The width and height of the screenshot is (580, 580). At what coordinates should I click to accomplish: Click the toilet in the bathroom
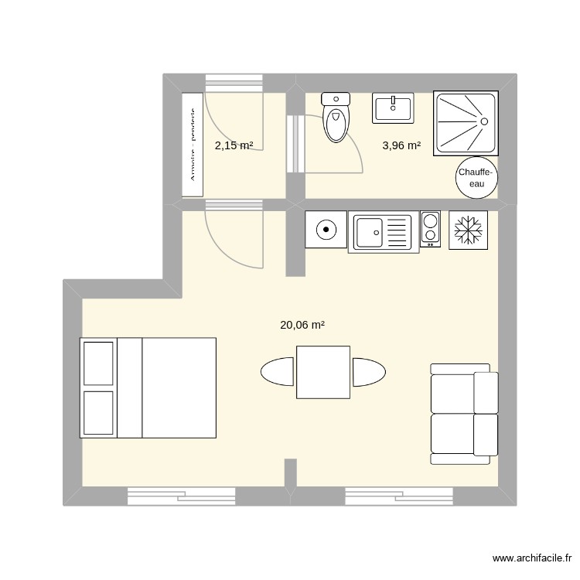click(336, 120)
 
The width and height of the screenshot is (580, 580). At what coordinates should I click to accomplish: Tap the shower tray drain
click(483, 121)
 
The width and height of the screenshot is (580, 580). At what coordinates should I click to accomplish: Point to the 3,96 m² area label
click(401, 145)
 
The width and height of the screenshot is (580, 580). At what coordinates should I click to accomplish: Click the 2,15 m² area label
click(234, 145)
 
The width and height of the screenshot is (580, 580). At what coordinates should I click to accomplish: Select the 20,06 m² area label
click(302, 326)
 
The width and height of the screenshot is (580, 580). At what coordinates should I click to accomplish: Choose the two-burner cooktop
click(430, 230)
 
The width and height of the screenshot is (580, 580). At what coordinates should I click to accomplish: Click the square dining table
click(323, 372)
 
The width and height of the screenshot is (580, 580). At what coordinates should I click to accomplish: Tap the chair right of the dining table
click(368, 372)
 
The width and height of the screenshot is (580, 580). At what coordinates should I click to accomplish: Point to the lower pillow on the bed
click(98, 411)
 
